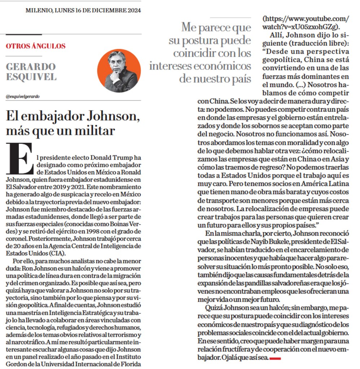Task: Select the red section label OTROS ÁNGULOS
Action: pos(36,46)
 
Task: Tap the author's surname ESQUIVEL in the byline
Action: pos(31,77)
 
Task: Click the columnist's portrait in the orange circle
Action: pos(119,71)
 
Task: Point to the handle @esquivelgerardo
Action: pos(22,97)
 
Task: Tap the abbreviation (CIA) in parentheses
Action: pos(57,252)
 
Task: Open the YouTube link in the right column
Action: pos(305,22)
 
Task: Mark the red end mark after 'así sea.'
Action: pos(275,358)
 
